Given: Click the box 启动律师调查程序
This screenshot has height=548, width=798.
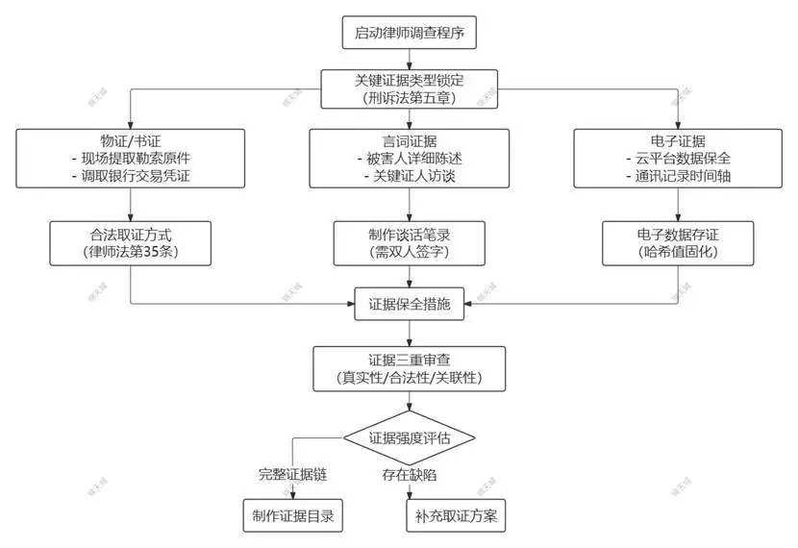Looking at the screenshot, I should coord(410,33).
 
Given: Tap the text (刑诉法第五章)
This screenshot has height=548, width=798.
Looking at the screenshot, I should coord(410,98).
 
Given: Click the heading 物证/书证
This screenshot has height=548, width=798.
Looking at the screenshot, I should coord(130,139).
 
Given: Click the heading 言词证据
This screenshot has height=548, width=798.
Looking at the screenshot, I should coord(410,139).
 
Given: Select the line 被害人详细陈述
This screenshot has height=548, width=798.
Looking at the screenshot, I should coord(410,158).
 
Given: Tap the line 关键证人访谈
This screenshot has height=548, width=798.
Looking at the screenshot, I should coord(410,176).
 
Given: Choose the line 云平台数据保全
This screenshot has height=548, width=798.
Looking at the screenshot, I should coord(678,158).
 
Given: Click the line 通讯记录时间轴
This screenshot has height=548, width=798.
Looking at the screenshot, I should coord(678,176).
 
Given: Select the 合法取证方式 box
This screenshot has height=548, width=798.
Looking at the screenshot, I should coord(130,242).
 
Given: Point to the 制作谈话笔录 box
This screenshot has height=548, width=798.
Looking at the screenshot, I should coord(410,242).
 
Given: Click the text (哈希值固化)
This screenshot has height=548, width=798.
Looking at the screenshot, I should coord(678,252).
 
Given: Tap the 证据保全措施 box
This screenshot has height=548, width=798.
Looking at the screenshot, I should coord(410,305).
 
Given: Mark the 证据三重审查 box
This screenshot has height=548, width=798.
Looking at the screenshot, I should coord(410,367).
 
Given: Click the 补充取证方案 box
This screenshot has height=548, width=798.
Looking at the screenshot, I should coord(456,515).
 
